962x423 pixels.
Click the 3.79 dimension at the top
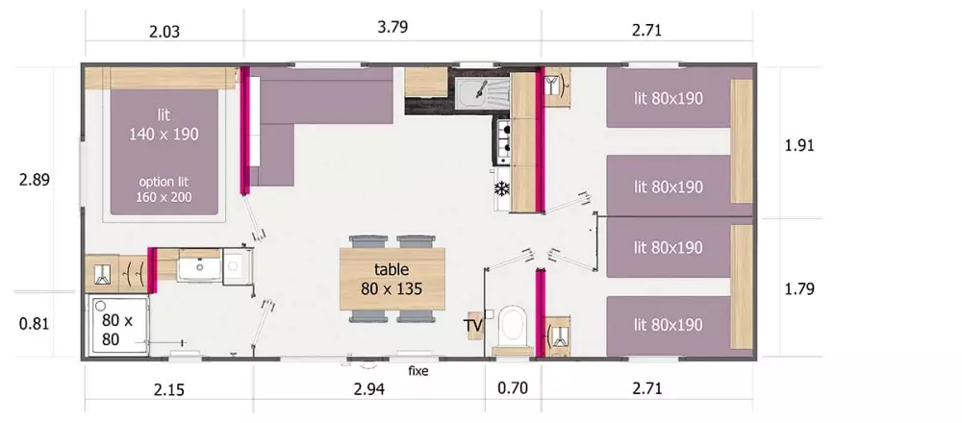pos(392,28)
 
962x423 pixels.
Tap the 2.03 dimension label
pos(165,32)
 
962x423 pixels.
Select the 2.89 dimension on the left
pos(34,180)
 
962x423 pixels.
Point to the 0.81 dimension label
pos(34,324)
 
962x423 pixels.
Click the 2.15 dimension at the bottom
pos(168,389)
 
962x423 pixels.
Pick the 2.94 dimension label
pos(370,388)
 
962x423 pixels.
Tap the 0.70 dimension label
pos(512,388)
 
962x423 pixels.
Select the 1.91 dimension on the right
pos(799,146)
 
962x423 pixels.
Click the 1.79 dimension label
pos(799,288)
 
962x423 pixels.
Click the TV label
pos(473,326)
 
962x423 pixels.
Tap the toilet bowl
pos(513,327)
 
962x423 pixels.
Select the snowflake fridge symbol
pos(502,189)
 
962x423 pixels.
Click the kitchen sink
pos(482,92)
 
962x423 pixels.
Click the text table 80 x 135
pos(392,279)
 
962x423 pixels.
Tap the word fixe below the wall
pos(418,371)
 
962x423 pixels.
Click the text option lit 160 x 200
pos(165,189)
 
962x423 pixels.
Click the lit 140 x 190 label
pos(164,124)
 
